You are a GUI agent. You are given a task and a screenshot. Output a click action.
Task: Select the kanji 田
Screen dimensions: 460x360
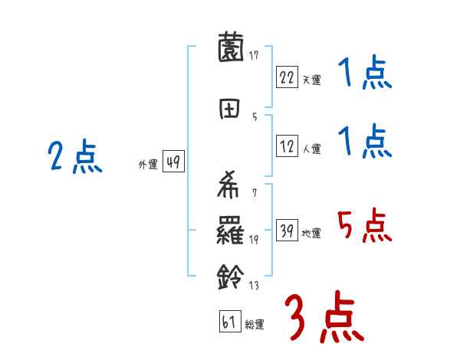tap(229, 108)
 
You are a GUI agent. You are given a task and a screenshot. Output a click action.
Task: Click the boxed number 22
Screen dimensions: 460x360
tap(287, 77)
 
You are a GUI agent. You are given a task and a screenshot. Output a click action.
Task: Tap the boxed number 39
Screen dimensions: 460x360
tap(287, 231)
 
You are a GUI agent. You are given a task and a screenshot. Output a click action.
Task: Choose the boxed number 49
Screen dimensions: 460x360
tap(173, 162)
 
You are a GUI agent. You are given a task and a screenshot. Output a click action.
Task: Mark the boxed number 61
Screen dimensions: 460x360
tap(229, 322)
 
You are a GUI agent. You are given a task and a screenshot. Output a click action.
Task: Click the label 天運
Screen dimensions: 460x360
tap(311, 80)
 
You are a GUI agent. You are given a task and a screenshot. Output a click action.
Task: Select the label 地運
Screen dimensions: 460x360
tap(311, 233)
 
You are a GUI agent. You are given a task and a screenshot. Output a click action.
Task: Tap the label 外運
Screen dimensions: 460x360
tap(148, 165)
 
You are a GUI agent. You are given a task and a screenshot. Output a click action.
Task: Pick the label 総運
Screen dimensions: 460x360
tap(254, 325)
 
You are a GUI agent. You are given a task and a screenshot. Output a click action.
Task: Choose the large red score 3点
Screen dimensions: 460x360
tap(324, 317)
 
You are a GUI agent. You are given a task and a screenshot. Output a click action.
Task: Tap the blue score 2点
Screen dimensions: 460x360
tap(74, 159)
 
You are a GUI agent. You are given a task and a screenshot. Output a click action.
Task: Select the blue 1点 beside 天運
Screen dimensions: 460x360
tap(364, 74)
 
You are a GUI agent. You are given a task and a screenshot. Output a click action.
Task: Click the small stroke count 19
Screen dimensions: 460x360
tap(253, 241)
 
